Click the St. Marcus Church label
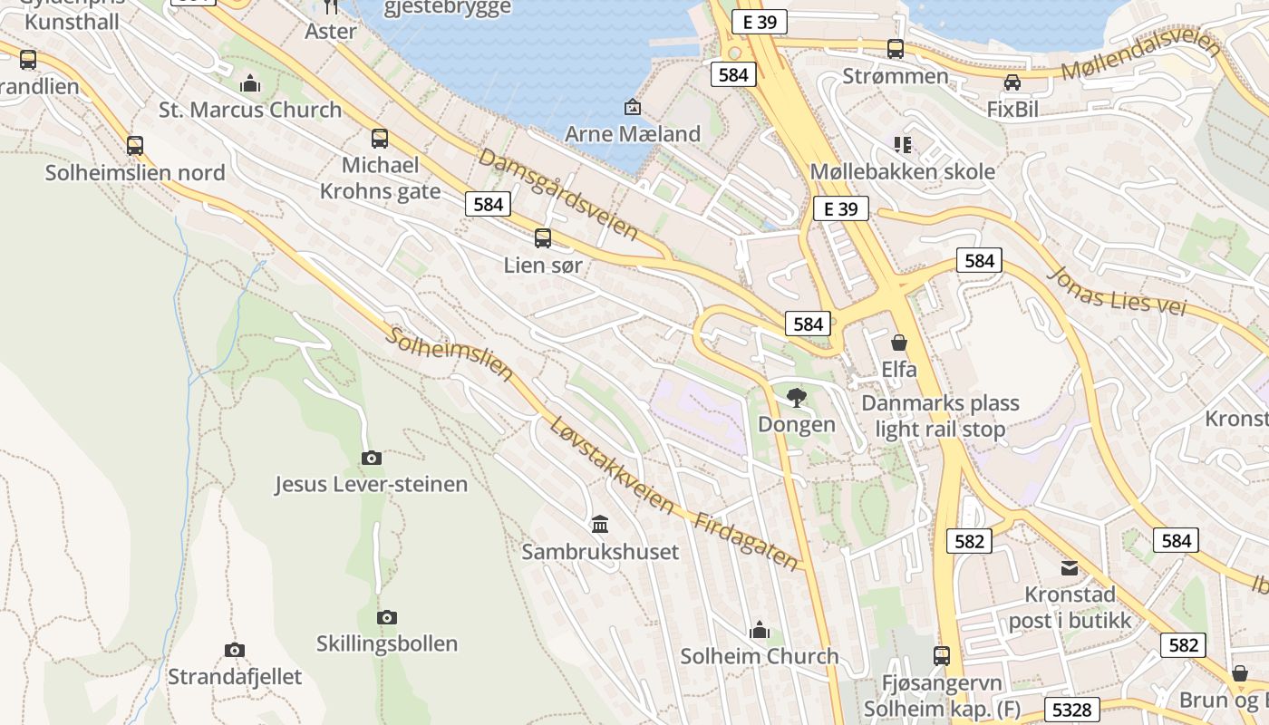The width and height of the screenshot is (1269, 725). pyautogui.click(x=250, y=110)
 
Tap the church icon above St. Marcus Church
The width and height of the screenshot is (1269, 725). pyautogui.click(x=250, y=84)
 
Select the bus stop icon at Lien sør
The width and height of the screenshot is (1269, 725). pyautogui.click(x=543, y=238)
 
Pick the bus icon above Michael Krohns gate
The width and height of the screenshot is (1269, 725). pyautogui.click(x=380, y=139)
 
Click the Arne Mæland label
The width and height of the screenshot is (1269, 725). pyautogui.click(x=633, y=134)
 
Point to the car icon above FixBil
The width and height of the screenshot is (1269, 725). pyautogui.click(x=1012, y=82)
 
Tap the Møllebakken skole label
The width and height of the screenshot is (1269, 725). pyautogui.click(x=902, y=171)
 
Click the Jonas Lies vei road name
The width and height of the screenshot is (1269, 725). pyautogui.click(x=1117, y=290)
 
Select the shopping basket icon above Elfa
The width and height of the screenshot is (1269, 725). pyautogui.click(x=899, y=343)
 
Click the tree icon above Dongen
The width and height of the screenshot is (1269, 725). pyautogui.click(x=797, y=396)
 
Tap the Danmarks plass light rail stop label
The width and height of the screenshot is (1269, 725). pyautogui.click(x=940, y=416)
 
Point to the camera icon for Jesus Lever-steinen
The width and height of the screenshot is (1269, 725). pyautogui.click(x=371, y=458)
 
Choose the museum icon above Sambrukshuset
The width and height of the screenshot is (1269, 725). pyautogui.click(x=600, y=524)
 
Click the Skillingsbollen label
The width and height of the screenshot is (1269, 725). pyautogui.click(x=387, y=643)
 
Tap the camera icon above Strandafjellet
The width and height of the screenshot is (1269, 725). pyautogui.click(x=235, y=650)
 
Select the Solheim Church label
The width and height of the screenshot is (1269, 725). pyautogui.click(x=760, y=655)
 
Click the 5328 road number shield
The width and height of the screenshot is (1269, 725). pyautogui.click(x=1072, y=710)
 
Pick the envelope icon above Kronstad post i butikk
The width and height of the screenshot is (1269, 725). pyautogui.click(x=1070, y=568)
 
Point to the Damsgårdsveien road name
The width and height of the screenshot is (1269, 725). pyautogui.click(x=558, y=193)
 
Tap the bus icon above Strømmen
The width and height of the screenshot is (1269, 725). pyautogui.click(x=896, y=49)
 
